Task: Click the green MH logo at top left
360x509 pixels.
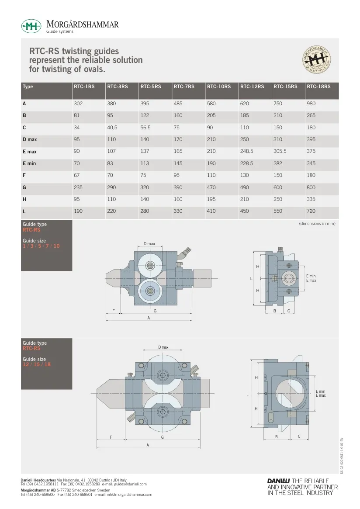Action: [x=31, y=26]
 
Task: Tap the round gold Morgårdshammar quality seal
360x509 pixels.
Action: [x=316, y=59]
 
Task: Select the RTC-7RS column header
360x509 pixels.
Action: [x=184, y=87]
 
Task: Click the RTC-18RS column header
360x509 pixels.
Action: [x=318, y=87]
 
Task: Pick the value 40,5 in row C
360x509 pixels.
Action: [x=112, y=128]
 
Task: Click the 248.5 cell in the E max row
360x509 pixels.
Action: [x=247, y=151]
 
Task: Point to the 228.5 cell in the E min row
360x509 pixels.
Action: [x=247, y=163]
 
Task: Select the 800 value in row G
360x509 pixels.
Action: [x=311, y=187]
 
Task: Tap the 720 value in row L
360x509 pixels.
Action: [x=311, y=211]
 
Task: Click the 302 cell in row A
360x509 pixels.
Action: [x=78, y=104]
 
